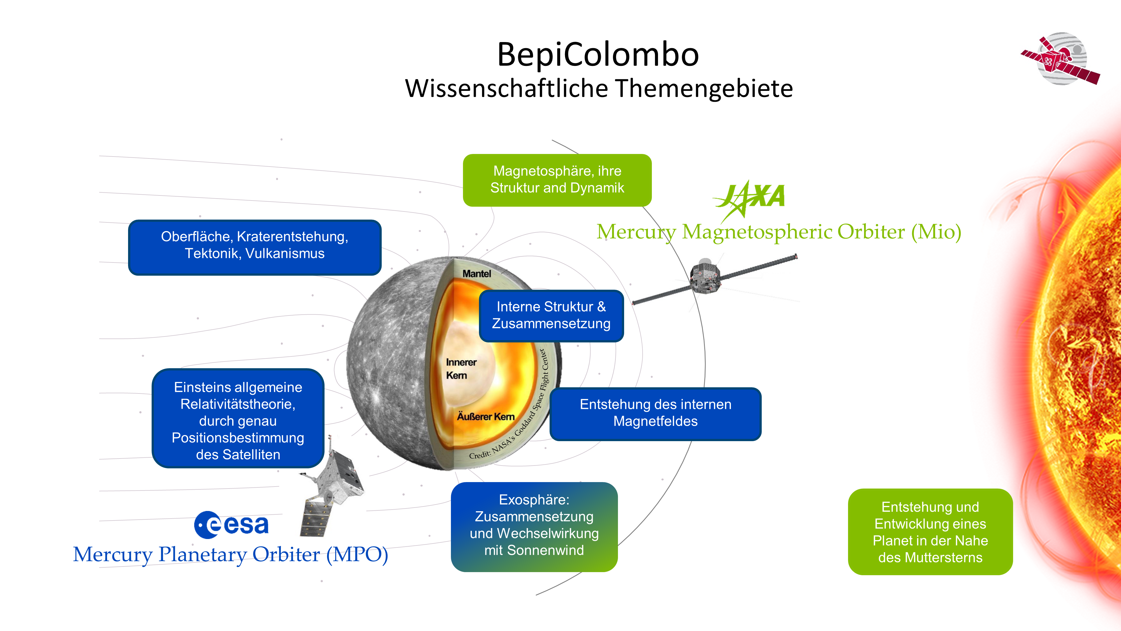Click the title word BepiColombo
click(598, 54)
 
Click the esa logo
click(231, 524)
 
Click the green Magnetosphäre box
click(557, 180)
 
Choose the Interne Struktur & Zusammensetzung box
click(551, 315)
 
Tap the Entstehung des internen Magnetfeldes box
click(656, 413)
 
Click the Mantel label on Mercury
click(476, 273)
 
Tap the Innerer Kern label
click(461, 369)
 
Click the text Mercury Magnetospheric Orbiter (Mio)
click(779, 231)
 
